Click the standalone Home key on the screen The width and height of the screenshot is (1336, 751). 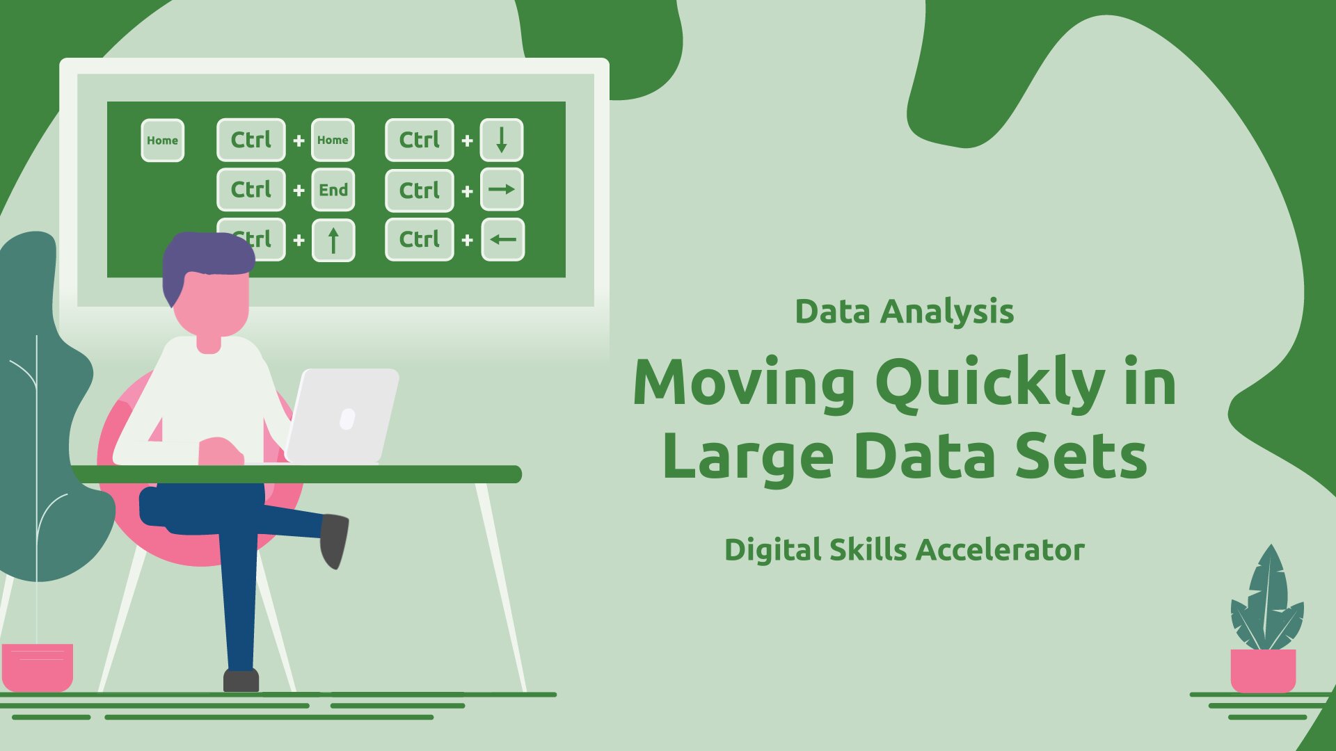pyautogui.click(x=162, y=140)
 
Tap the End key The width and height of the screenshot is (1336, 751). pyautogui.click(x=333, y=190)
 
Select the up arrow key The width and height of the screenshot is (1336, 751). pyautogui.click(x=333, y=240)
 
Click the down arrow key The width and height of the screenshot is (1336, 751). pyautogui.click(x=502, y=140)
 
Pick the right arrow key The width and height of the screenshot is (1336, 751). pyautogui.click(x=502, y=189)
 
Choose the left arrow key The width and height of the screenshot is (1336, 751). pyautogui.click(x=502, y=239)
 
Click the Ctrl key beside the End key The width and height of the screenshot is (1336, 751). pyautogui.click(x=251, y=190)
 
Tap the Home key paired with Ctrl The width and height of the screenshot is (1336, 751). pyautogui.click(x=333, y=140)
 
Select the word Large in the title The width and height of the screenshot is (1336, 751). pyautogui.click(x=748, y=457)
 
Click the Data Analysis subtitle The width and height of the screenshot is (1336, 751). pyautogui.click(x=904, y=312)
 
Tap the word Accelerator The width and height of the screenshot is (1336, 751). pyautogui.click(x=1000, y=549)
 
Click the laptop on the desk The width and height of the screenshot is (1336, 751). pyautogui.click(x=342, y=415)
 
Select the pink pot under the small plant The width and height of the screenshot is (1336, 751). pyautogui.click(x=1263, y=670)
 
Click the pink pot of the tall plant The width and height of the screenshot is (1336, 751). pyautogui.click(x=38, y=667)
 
